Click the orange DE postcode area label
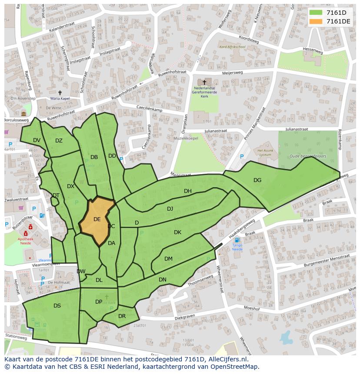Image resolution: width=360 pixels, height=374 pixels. click(x=97, y=219)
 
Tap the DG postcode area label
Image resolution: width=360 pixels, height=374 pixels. click(x=257, y=180)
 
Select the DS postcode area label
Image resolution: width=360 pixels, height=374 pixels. click(x=57, y=306)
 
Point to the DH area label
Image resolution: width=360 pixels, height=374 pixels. click(x=188, y=191)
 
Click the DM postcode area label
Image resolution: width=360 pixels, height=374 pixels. click(x=168, y=259)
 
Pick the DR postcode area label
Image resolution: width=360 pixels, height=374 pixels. click(x=122, y=316)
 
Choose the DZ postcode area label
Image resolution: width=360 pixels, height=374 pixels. click(x=59, y=140)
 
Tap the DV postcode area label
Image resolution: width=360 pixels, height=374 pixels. click(x=37, y=140)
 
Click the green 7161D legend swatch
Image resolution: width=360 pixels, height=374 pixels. click(x=316, y=13)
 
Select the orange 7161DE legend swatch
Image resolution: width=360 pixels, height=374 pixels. click(x=316, y=21)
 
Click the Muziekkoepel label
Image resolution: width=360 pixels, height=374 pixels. click(x=187, y=138)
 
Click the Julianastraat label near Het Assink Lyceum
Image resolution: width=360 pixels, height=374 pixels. click(x=297, y=129)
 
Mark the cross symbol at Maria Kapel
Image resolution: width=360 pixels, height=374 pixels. click(x=60, y=93)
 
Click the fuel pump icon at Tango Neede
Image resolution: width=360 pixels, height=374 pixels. click(x=237, y=240)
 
